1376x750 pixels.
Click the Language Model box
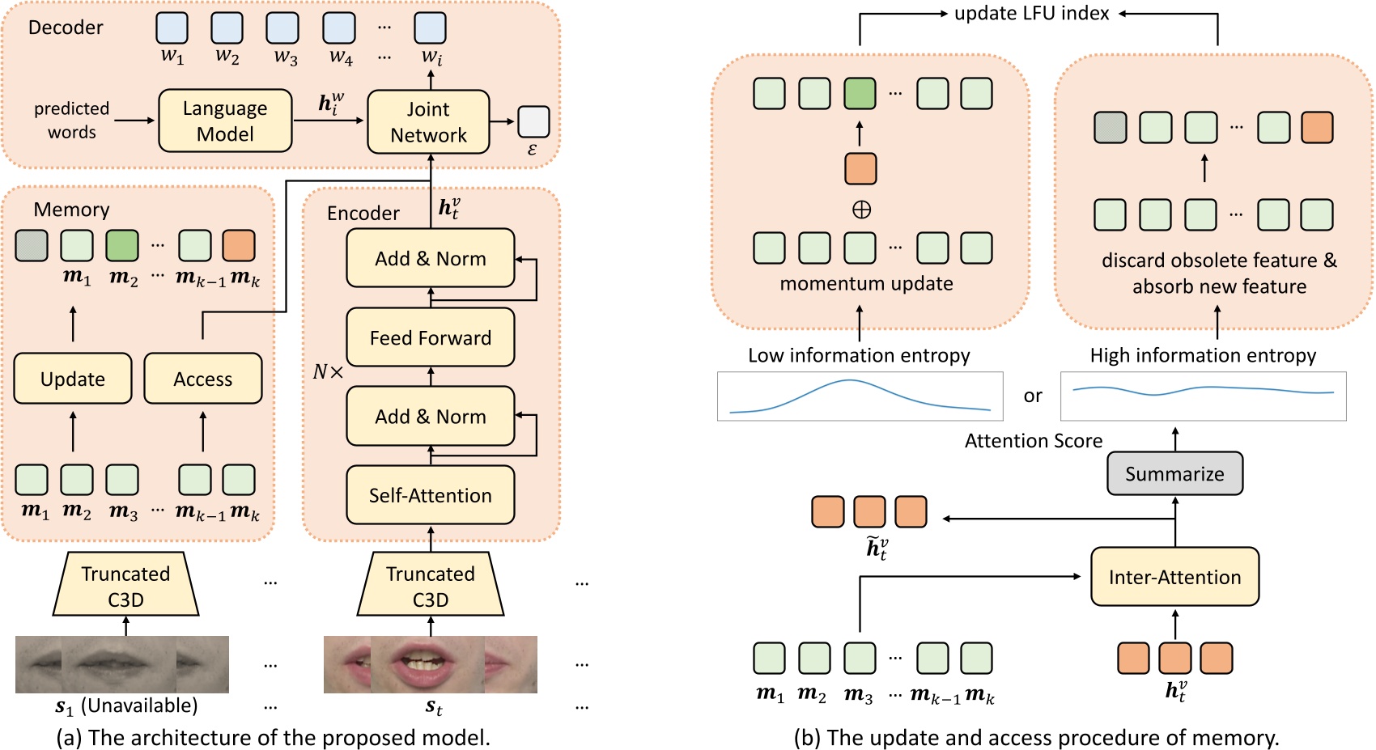pyautogui.click(x=225, y=121)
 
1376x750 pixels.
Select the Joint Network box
pyautogui.click(x=428, y=121)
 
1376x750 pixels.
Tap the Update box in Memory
pyautogui.click(x=73, y=379)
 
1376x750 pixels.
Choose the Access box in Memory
pyautogui.click(x=202, y=379)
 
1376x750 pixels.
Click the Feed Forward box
pyautogui.click(x=430, y=337)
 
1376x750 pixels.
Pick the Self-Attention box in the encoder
pyautogui.click(x=430, y=494)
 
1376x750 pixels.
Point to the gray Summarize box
pyautogui.click(x=1174, y=473)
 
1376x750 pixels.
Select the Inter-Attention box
pyautogui.click(x=1174, y=576)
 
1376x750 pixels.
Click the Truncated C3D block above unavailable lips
pyautogui.click(x=125, y=585)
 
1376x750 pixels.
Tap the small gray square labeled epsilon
pyautogui.click(x=533, y=121)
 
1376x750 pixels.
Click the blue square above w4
pyautogui.click(x=339, y=28)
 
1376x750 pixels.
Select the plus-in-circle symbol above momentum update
pyautogui.click(x=861, y=210)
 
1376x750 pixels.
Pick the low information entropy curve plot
pyautogui.click(x=860, y=396)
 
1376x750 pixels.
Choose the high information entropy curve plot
pyautogui.click(x=1203, y=396)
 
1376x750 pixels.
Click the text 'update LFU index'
pyautogui.click(x=1031, y=13)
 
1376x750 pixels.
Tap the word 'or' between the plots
pyautogui.click(x=1033, y=396)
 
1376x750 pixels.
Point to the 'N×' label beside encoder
pyautogui.click(x=328, y=372)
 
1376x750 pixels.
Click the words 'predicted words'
pyautogui.click(x=71, y=120)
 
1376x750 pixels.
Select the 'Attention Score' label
pyautogui.click(x=1034, y=441)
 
